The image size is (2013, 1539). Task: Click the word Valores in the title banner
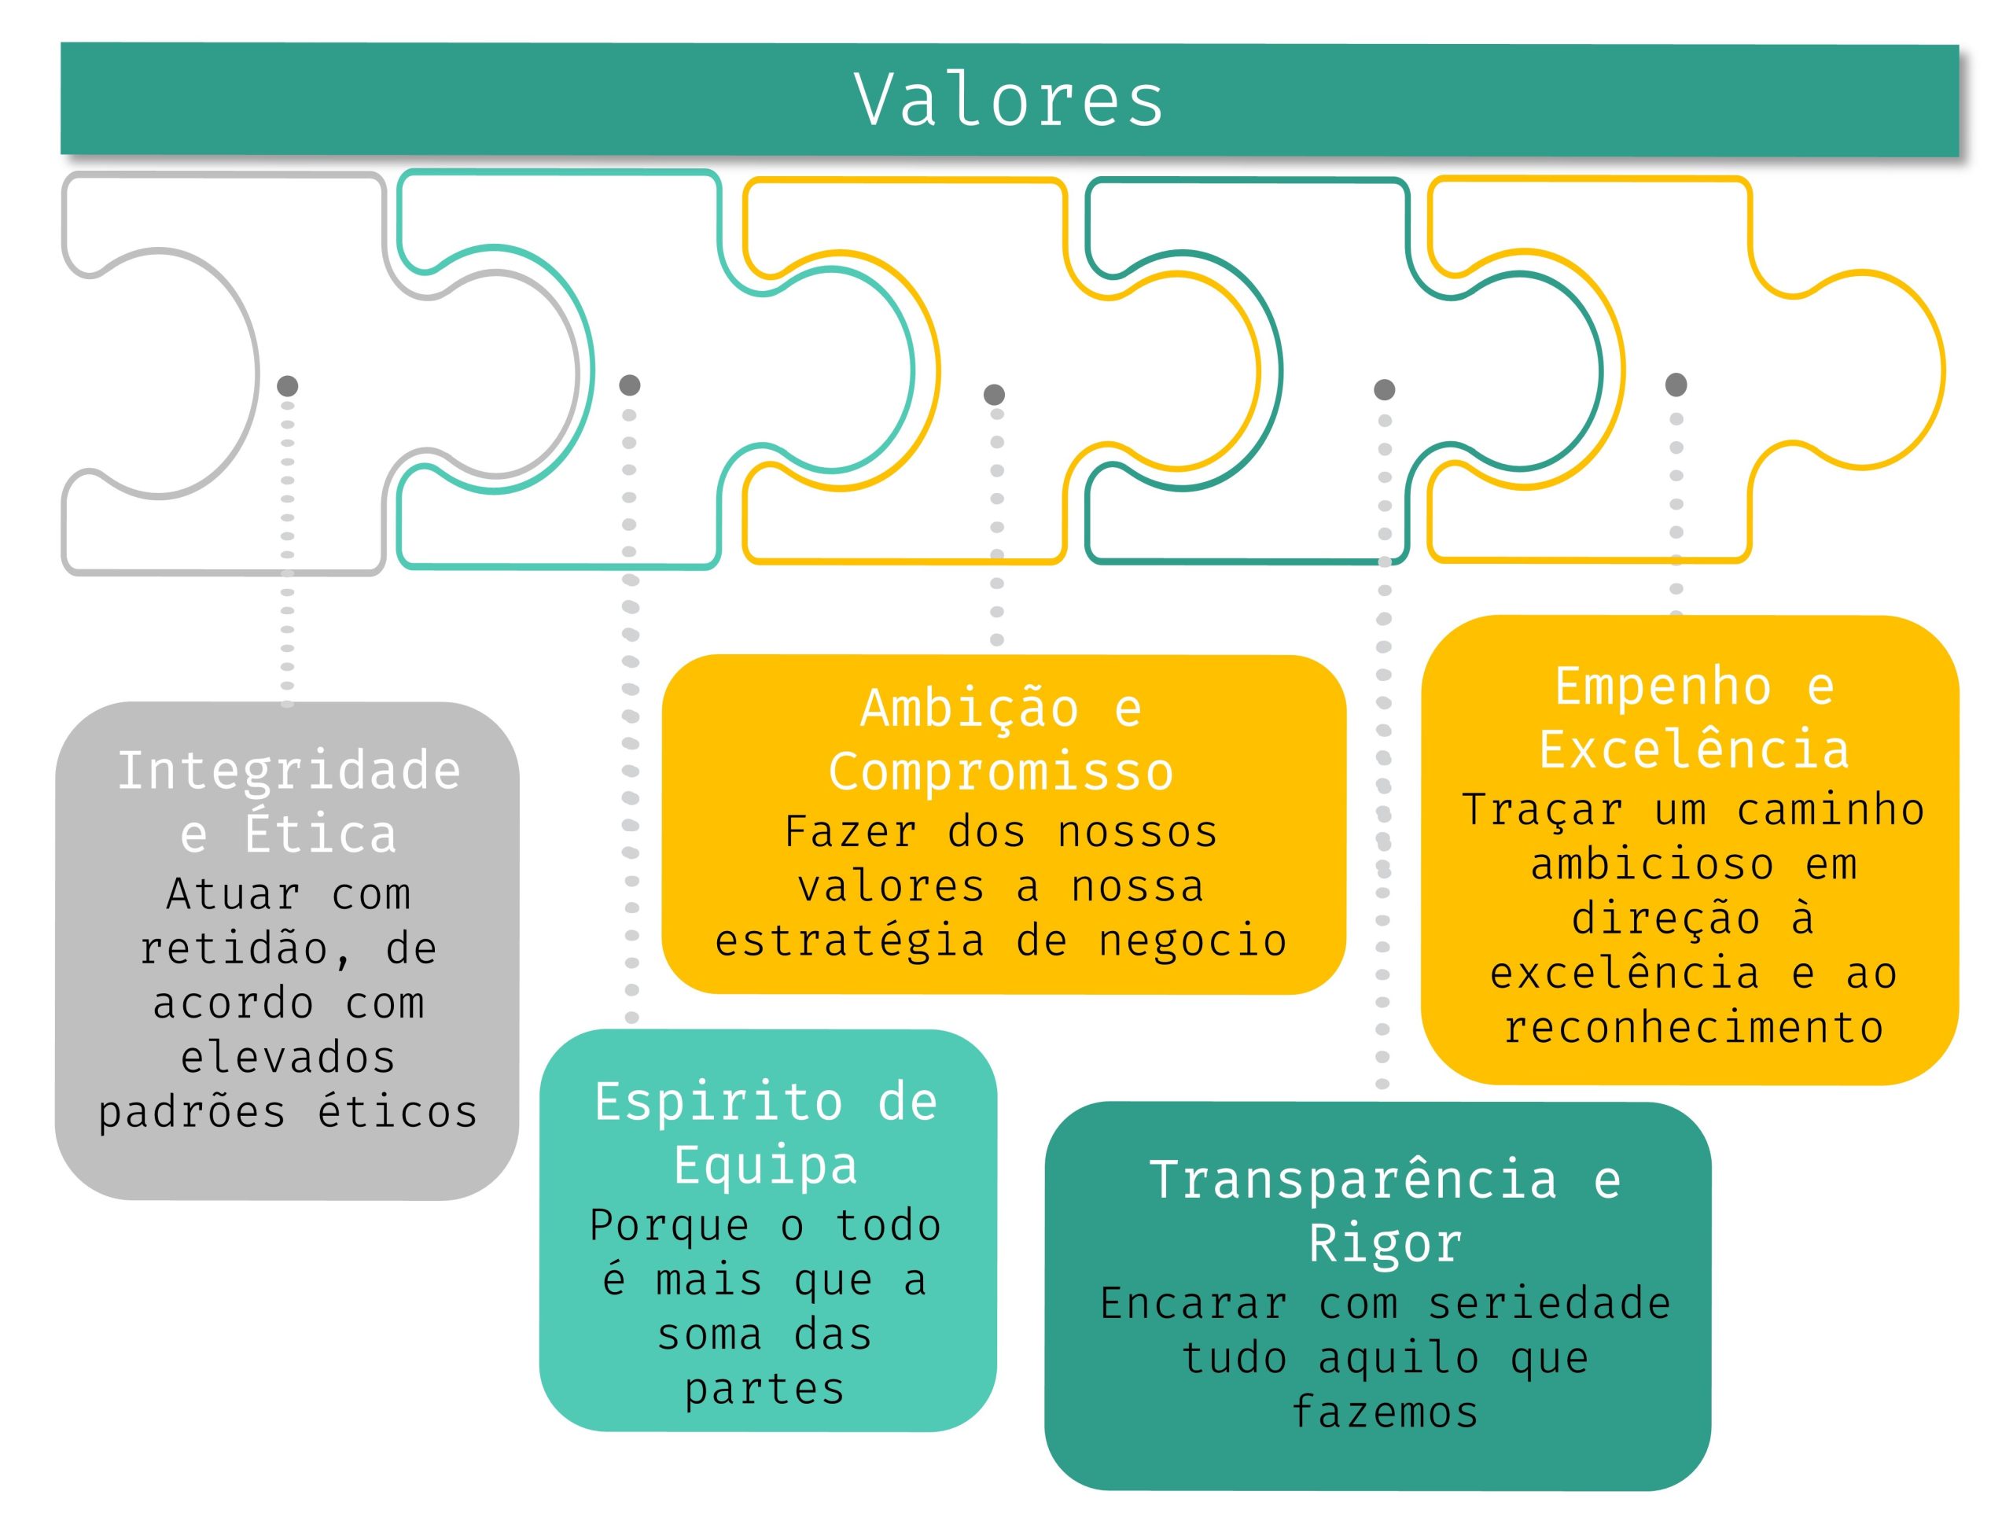(x=1008, y=100)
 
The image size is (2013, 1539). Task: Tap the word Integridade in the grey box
(x=289, y=771)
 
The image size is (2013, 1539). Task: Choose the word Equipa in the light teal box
(x=766, y=1165)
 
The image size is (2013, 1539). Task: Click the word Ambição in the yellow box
(x=969, y=710)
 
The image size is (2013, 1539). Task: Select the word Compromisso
(x=1001, y=772)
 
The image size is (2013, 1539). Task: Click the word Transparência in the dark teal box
(x=1352, y=1180)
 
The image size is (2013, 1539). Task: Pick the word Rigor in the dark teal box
(x=1385, y=1244)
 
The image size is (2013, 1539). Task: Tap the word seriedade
(x=1550, y=1304)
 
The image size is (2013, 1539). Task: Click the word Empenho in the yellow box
(x=1662, y=687)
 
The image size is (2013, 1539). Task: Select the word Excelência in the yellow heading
(x=1694, y=750)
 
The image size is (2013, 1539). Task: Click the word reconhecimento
(x=1694, y=1028)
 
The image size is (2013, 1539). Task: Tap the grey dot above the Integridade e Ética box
(x=288, y=385)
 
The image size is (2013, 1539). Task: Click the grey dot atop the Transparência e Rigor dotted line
(x=1384, y=390)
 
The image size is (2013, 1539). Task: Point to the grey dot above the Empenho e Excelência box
(x=1675, y=385)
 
